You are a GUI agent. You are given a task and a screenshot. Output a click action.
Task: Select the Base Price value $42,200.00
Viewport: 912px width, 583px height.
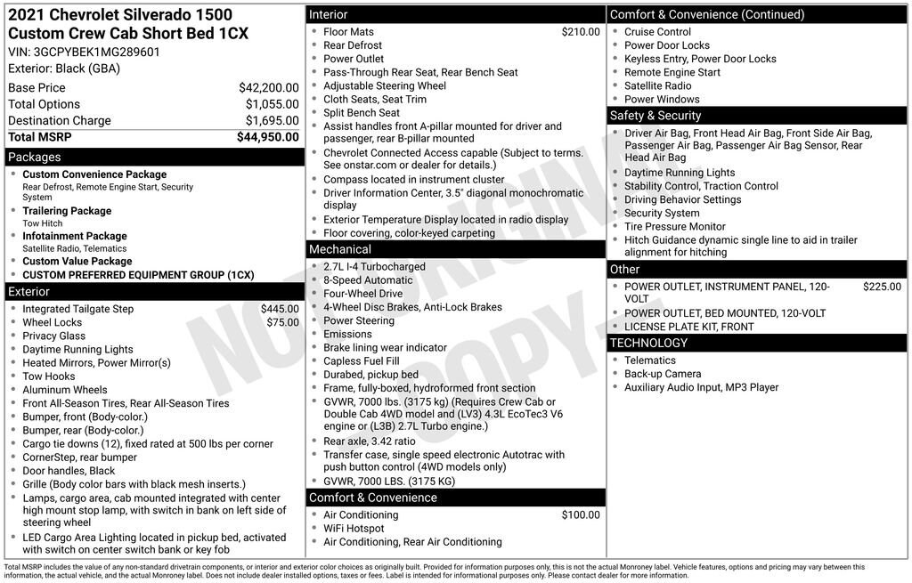click(268, 88)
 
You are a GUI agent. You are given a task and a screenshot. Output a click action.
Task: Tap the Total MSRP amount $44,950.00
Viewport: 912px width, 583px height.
click(267, 137)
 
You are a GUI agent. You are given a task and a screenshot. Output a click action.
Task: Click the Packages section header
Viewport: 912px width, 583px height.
click(35, 158)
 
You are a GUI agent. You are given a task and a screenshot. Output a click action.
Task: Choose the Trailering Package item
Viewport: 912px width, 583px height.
click(67, 211)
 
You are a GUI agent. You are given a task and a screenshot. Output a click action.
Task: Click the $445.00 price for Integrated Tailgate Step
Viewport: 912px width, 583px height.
click(280, 309)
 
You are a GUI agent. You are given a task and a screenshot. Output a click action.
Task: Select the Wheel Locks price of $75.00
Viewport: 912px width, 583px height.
click(282, 322)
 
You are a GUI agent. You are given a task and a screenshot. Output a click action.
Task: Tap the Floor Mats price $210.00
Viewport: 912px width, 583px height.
click(581, 32)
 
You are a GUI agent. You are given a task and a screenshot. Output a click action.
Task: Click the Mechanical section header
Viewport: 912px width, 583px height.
click(340, 249)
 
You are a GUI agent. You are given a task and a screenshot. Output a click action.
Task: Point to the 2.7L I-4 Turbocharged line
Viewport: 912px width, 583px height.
click(374, 267)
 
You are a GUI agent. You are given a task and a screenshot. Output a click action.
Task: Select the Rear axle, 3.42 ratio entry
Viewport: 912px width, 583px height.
click(369, 441)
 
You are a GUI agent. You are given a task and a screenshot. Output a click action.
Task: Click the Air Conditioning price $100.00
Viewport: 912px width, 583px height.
click(581, 515)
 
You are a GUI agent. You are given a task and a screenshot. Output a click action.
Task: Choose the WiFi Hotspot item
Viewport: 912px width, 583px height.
click(354, 529)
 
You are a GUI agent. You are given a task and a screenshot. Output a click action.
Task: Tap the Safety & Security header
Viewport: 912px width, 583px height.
click(655, 116)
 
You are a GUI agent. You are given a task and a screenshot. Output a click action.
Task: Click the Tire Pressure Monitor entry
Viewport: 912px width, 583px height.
click(674, 227)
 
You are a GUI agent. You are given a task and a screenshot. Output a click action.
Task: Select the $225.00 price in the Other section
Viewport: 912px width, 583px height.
click(882, 287)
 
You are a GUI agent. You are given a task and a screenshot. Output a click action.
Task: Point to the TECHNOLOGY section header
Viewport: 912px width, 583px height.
click(648, 343)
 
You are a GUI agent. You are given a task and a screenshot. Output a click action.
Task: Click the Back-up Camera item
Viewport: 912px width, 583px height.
click(662, 374)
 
